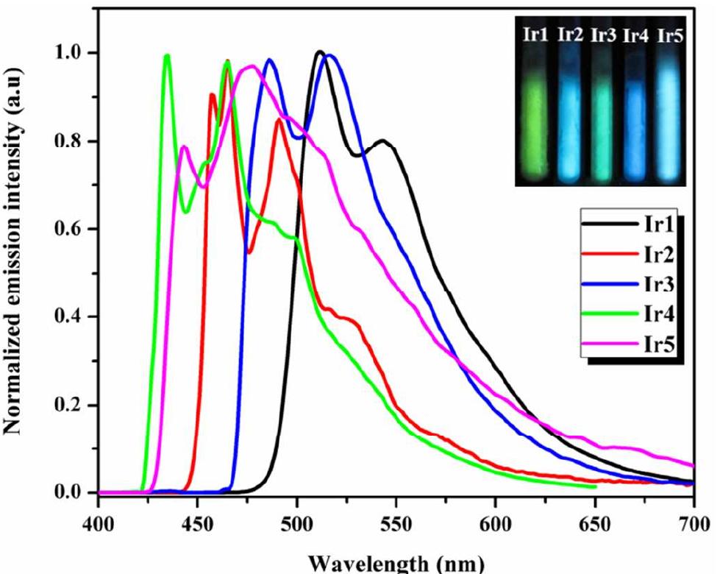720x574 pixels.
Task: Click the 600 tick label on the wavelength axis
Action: [495, 512]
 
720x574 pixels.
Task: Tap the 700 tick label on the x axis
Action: [694, 512]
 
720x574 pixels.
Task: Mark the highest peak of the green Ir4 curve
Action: [167, 56]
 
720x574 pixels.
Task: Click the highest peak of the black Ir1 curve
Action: [319, 52]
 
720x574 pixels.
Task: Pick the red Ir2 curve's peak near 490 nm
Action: [279, 119]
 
